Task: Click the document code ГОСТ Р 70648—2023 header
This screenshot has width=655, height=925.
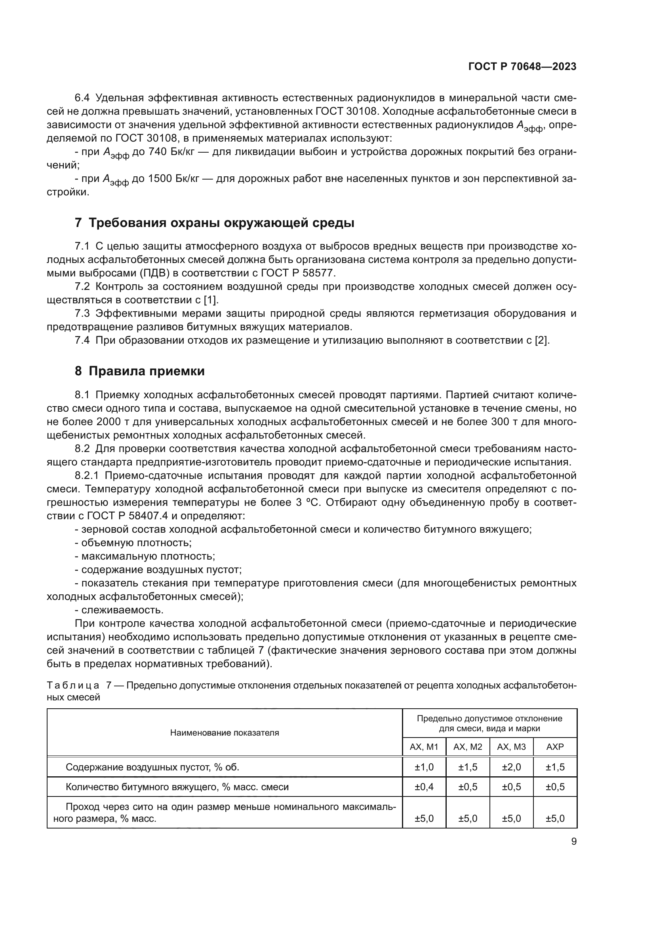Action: pos(522,67)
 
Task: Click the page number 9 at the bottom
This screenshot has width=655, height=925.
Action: pos(573,842)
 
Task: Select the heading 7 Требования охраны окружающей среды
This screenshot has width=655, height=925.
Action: pos(215,223)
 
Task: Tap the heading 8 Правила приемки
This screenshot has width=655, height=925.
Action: pos(139,371)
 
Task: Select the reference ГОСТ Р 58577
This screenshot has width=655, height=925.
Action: pos(298,273)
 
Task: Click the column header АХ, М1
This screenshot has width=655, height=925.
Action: pos(424,747)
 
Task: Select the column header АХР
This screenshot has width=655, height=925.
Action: pos(555,747)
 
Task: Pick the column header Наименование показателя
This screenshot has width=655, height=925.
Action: pos(224,732)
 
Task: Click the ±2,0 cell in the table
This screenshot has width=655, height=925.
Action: pos(511,767)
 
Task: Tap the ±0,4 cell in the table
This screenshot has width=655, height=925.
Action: pos(424,787)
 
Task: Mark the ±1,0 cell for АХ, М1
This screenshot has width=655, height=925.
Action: pos(424,767)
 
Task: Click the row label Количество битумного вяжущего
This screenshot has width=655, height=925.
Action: pos(177,787)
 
